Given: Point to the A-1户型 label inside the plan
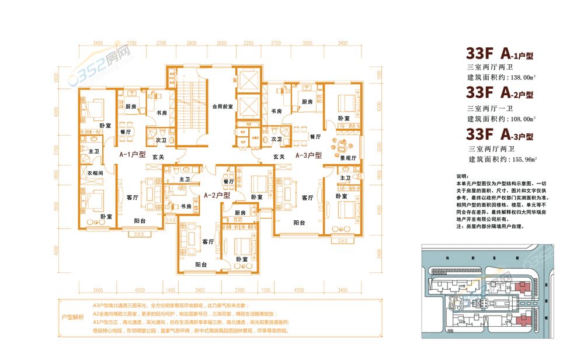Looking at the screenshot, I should (x=133, y=155).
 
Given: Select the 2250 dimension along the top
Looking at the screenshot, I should (x=249, y=43).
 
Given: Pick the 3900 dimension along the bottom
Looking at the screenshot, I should (x=199, y=289).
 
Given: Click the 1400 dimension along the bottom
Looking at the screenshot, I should (x=170, y=289).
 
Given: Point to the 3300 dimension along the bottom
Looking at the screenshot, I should (x=239, y=289).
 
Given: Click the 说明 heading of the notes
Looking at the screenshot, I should (x=461, y=176).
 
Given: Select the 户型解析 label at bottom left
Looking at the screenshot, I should (x=72, y=316).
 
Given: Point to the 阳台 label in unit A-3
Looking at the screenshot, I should (x=299, y=223).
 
